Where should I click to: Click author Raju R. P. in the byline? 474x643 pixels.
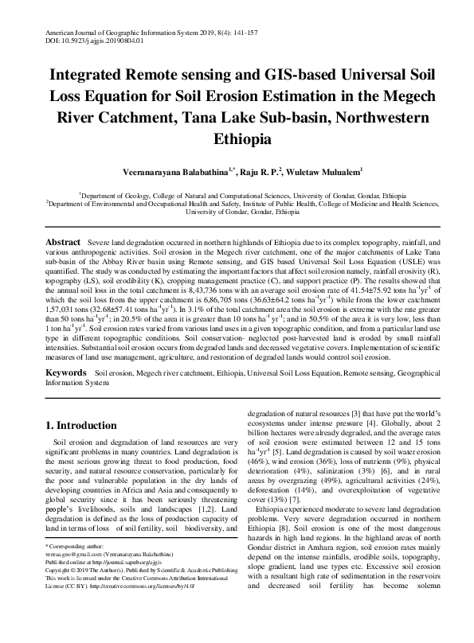point(261,171)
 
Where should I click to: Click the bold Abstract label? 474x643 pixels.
point(62,241)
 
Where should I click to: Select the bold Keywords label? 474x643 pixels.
point(66,372)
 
